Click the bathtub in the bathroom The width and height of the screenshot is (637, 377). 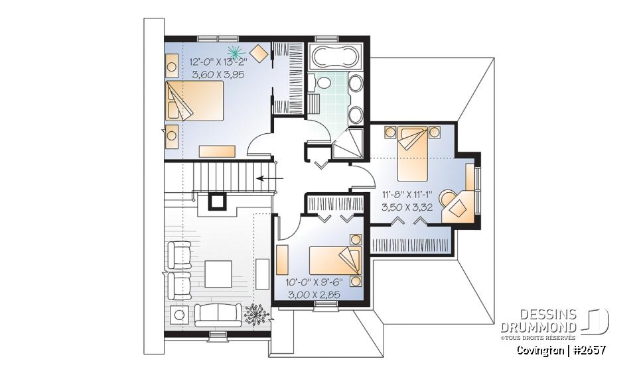335,56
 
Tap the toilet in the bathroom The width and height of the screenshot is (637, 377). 324,83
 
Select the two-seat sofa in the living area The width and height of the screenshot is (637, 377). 218,313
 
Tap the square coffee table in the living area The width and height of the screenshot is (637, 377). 218,272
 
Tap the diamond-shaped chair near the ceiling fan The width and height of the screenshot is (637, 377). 259,52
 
